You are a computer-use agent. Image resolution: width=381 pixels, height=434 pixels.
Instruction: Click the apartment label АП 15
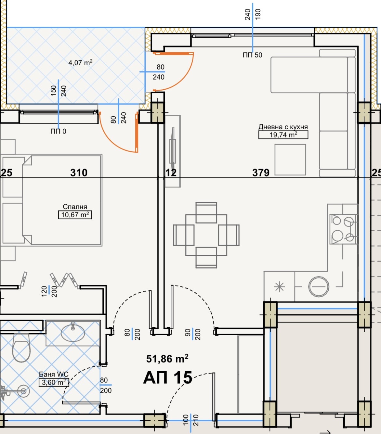click(x=168, y=377)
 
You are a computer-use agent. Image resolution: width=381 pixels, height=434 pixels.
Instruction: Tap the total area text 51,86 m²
click(x=167, y=359)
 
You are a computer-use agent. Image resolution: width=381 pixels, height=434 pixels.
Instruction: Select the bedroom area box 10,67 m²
click(x=75, y=215)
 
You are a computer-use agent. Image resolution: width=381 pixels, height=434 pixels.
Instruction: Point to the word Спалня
click(x=75, y=207)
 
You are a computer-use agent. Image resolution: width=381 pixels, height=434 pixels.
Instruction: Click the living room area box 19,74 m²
click(x=283, y=135)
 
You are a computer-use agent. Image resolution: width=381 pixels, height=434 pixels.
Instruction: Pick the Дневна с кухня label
click(x=283, y=127)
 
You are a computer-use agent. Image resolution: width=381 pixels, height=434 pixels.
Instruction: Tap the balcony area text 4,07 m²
click(x=80, y=63)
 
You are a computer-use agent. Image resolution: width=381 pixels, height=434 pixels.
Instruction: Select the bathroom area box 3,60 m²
click(x=54, y=382)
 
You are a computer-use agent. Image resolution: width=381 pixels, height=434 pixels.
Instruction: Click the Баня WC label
click(x=54, y=374)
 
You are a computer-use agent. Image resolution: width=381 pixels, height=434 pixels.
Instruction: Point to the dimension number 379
click(x=261, y=172)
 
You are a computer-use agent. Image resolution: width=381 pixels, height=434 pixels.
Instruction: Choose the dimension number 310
click(x=79, y=172)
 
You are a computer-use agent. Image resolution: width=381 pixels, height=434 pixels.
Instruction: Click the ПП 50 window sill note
click(x=252, y=55)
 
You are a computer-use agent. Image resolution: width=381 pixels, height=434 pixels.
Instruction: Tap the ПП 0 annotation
click(x=58, y=131)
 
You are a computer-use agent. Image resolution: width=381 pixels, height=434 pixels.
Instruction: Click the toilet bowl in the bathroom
click(x=21, y=348)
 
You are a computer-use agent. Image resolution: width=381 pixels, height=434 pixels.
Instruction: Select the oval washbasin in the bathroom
click(x=73, y=332)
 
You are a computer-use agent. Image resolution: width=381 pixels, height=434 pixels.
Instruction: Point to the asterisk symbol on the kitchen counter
click(x=279, y=287)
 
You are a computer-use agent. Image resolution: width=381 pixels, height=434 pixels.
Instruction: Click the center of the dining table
click(x=206, y=235)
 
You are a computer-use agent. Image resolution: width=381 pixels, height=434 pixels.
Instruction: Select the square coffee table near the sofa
click(x=290, y=160)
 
